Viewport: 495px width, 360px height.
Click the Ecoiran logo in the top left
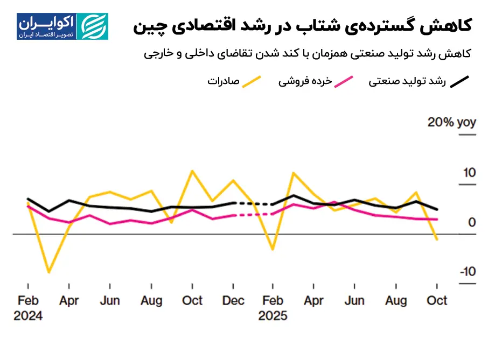[x=62, y=26]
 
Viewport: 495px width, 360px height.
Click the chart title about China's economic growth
[x=302, y=25]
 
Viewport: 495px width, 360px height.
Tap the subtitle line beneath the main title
[x=309, y=54]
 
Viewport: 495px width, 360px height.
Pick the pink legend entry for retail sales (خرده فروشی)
[x=315, y=82]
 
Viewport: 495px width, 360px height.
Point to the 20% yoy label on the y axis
[x=451, y=122]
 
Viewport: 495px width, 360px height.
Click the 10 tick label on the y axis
[x=469, y=173]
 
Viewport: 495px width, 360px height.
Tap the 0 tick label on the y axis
[x=472, y=222]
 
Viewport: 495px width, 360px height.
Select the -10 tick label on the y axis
[x=467, y=271]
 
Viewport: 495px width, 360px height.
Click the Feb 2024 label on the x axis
[x=28, y=307]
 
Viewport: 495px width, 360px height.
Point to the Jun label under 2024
[x=110, y=300]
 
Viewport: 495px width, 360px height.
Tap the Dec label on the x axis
[x=233, y=300]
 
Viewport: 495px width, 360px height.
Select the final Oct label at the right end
[x=436, y=300]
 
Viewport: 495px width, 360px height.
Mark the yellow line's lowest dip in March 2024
[x=49, y=272]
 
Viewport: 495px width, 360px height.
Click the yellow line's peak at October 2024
[x=192, y=171]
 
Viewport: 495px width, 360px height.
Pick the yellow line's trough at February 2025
[x=273, y=250]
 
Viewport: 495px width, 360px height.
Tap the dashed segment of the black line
[x=253, y=204]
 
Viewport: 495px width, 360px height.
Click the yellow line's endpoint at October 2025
[x=437, y=239]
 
